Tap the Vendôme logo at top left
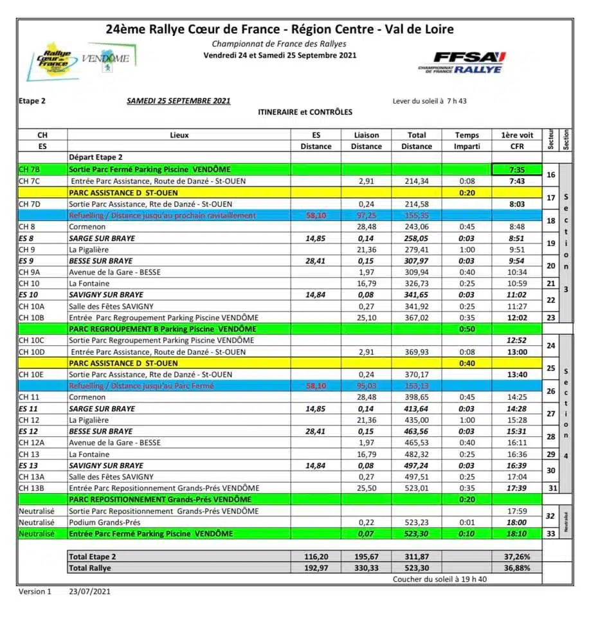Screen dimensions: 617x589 point(105,59)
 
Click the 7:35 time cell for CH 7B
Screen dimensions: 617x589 point(517,170)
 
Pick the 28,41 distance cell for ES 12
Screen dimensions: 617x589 point(316,431)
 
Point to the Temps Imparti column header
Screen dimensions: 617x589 point(467,141)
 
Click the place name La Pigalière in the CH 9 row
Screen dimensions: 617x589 point(93,249)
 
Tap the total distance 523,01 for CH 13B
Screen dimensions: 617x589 point(417,488)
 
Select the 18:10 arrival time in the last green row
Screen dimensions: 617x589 point(517,533)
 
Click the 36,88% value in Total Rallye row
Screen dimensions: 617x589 point(517,568)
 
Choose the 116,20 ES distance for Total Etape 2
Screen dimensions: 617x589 point(316,557)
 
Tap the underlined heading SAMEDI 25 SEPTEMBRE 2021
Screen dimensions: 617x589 point(178,101)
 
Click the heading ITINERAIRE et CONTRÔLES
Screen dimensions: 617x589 point(305,112)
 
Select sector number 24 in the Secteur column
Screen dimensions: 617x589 point(550,346)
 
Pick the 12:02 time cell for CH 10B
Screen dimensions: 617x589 point(517,317)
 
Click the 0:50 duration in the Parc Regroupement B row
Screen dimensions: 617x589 point(467,329)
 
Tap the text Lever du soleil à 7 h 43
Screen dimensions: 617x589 point(430,101)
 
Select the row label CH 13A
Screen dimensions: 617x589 point(32,477)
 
